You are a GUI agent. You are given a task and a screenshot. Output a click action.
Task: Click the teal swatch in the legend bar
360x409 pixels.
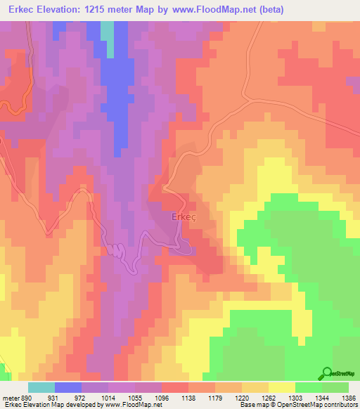coord(41,387)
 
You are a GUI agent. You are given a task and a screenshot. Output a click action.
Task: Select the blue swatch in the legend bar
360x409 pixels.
coord(68,387)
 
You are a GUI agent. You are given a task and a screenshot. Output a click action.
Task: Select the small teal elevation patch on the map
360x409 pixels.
coord(107,31)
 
